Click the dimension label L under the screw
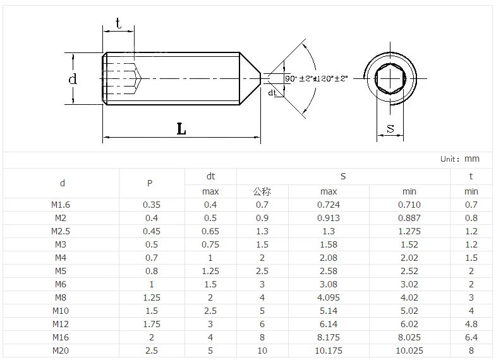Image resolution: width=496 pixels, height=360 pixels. coord(181,129)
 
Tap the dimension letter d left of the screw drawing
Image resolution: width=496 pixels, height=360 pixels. coord(73,79)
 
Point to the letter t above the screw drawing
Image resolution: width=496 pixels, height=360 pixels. coord(118,23)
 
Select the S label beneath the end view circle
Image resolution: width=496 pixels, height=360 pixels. coord(390,128)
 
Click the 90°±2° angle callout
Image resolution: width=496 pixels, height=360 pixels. coord(299,78)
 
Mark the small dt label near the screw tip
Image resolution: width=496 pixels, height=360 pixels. coord(272,92)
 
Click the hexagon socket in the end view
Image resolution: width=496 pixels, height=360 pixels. coord(390,78)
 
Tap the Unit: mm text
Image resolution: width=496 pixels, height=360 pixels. coord(460,159)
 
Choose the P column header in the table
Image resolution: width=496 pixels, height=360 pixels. coord(150,184)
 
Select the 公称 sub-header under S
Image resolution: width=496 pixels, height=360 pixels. coord(262,191)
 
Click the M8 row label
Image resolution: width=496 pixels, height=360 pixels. coord(61,297)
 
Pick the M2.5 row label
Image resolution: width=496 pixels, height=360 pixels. coord(61,231)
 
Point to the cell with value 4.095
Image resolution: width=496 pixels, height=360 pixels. coord(329,297)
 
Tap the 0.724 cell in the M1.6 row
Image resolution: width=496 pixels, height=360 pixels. coord(329,205)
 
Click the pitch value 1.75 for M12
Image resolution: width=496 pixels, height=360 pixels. coord(152,324)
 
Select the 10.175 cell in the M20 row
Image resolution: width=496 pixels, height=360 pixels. coord(329,351)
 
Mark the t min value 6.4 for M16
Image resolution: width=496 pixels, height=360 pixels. coord(471,337)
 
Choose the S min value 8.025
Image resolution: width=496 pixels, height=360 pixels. coord(409,337)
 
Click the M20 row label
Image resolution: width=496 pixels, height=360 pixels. coord(61,351)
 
